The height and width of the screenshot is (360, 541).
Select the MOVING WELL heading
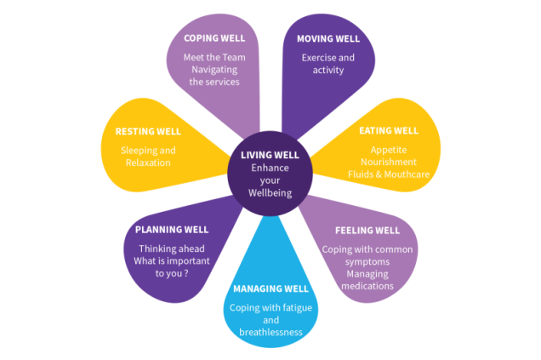[328, 39]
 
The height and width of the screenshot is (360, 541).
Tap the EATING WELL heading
[388, 130]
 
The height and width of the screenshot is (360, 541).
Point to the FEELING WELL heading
[367, 230]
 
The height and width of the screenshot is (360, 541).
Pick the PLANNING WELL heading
[172, 230]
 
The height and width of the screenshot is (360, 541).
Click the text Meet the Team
[215, 57]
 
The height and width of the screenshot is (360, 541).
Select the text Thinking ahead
[171, 249]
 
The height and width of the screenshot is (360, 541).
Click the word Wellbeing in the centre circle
[270, 192]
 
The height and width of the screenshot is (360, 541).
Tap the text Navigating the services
[215, 76]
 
